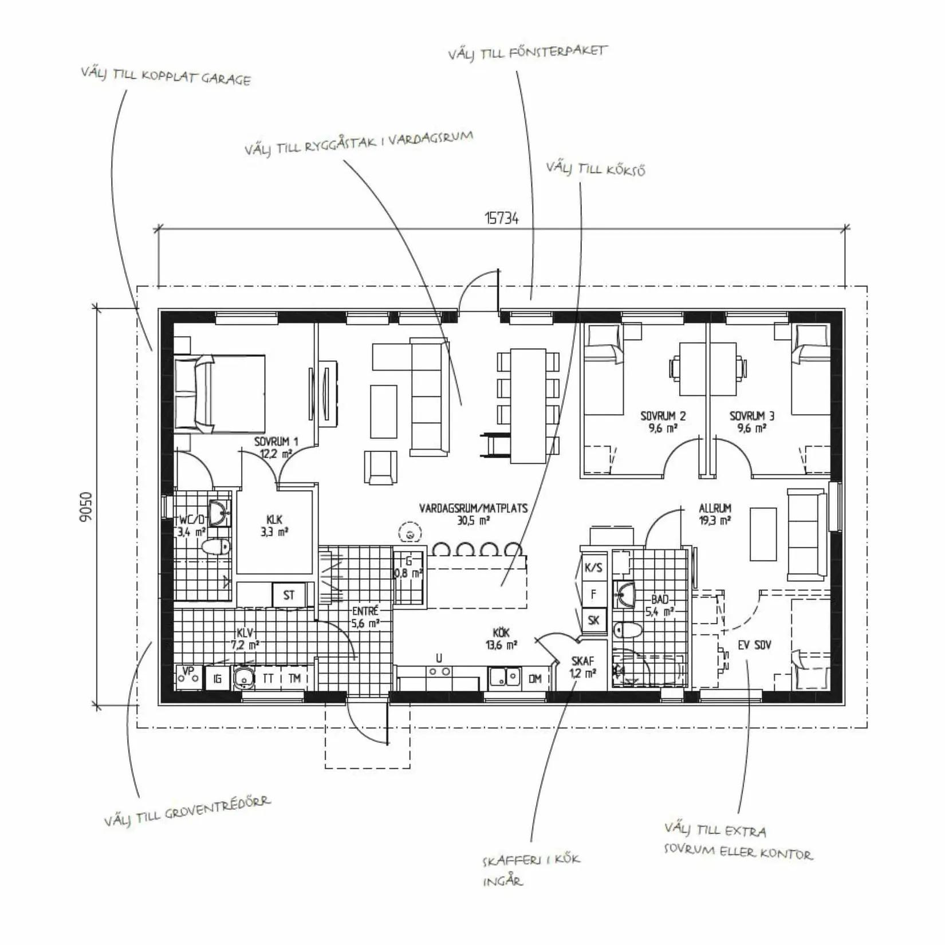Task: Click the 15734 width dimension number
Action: (502, 218)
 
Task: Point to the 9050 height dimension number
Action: (86, 506)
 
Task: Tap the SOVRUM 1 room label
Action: (277, 442)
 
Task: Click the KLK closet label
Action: (274, 519)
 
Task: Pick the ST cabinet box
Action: (289, 594)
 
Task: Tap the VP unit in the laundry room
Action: (188, 678)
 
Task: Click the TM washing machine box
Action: (295, 679)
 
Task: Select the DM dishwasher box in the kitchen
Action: (535, 679)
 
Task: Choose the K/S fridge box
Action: (593, 568)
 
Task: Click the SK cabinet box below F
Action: (593, 620)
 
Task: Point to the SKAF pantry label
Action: (582, 661)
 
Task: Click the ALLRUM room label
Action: (715, 508)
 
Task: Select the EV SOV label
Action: (754, 645)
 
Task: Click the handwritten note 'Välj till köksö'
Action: (596, 169)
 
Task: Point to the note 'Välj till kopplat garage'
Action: (166, 76)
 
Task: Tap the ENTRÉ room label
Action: (365, 611)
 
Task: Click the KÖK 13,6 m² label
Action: (505, 638)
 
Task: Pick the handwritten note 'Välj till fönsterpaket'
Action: (527, 53)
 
